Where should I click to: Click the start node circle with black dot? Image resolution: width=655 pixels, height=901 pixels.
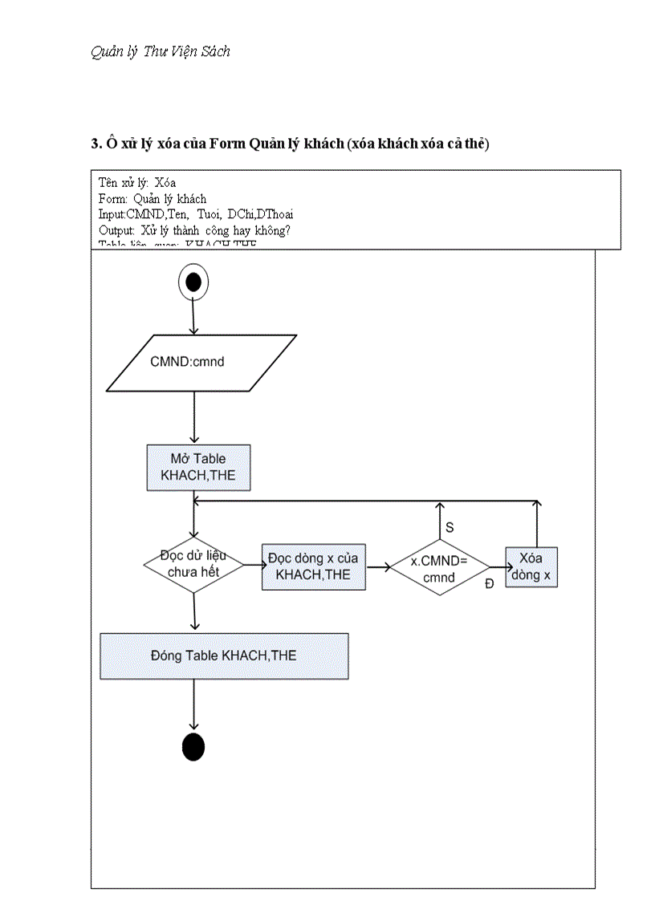click(x=193, y=282)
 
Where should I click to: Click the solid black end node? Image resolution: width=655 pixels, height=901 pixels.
click(x=193, y=746)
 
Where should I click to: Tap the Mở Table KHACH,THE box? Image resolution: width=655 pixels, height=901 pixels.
click(x=197, y=467)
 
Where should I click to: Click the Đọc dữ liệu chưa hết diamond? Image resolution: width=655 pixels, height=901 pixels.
click(x=193, y=564)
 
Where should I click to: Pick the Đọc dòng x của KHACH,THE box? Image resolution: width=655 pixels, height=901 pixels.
click(x=313, y=566)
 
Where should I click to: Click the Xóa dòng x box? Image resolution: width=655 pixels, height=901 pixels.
click(x=531, y=567)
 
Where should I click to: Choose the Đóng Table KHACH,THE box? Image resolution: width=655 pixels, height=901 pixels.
click(x=224, y=655)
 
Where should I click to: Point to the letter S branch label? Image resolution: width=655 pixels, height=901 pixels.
click(x=450, y=527)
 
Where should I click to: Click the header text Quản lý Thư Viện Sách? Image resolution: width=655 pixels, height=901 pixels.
click(x=161, y=51)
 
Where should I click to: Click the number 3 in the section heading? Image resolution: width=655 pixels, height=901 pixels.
click(x=94, y=144)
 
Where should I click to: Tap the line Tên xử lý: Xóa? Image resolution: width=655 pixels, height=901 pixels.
click(x=137, y=183)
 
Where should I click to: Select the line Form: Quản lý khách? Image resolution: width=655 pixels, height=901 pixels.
click(x=152, y=198)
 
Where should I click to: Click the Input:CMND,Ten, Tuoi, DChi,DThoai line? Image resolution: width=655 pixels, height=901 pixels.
click(x=195, y=213)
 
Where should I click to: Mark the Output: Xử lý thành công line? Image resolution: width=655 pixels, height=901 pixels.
click(x=194, y=229)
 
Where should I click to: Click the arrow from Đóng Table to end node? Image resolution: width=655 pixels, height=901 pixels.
click(x=193, y=705)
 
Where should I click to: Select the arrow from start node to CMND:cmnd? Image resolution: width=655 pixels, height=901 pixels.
click(x=193, y=318)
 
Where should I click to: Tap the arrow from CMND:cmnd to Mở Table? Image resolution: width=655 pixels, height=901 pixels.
click(x=193, y=417)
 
